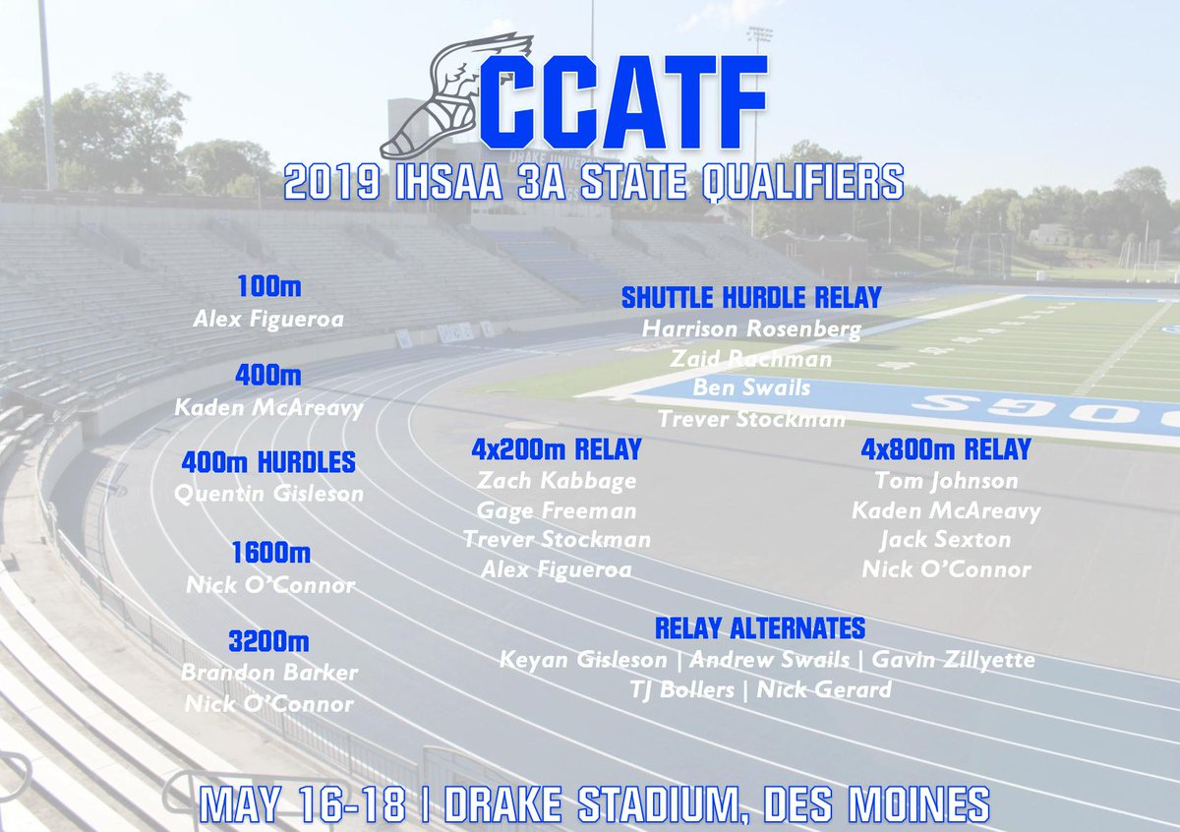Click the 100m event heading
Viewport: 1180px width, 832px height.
tap(268, 287)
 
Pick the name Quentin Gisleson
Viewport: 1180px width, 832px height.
tap(268, 494)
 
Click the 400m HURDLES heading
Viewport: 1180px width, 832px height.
tap(268, 462)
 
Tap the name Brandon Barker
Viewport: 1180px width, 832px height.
tap(268, 674)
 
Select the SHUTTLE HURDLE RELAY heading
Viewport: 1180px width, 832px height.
tap(750, 297)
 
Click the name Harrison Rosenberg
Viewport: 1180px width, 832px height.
tap(751, 328)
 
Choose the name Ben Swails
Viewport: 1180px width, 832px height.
tap(751, 387)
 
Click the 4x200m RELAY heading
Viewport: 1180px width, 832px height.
tap(556, 450)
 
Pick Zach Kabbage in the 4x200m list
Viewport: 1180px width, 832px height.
tap(556, 481)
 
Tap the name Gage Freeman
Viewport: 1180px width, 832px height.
tap(556, 510)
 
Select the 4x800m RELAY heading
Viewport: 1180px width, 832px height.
tap(945, 450)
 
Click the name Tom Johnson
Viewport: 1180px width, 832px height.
tap(945, 481)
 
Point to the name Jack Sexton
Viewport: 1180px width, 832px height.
tap(945, 540)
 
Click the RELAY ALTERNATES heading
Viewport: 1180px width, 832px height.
tap(760, 627)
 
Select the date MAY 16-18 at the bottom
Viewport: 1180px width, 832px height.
tap(302, 804)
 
